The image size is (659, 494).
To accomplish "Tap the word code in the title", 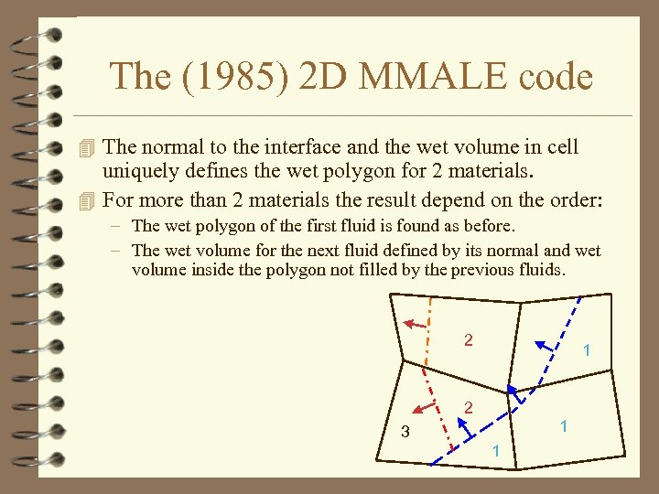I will [548, 76].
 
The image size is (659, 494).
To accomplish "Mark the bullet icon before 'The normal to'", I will [87, 147].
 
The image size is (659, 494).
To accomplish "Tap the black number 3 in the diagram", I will [405, 432].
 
